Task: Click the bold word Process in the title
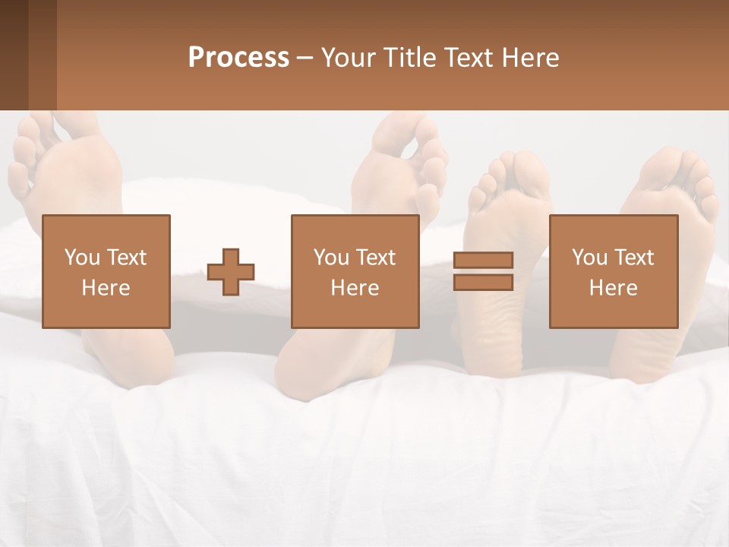point(238,58)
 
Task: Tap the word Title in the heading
point(407,58)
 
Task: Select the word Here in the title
point(531,58)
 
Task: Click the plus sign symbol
point(231,271)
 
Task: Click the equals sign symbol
point(483,271)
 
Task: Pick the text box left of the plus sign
point(106,271)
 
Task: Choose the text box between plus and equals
point(355,271)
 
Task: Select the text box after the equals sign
point(614,271)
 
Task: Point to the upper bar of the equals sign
point(483,261)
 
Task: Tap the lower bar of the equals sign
point(483,282)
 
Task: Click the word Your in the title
point(349,58)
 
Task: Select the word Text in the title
point(469,58)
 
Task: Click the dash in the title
point(305,58)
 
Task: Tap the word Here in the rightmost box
point(614,287)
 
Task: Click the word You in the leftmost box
point(82,258)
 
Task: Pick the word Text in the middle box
point(375,258)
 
